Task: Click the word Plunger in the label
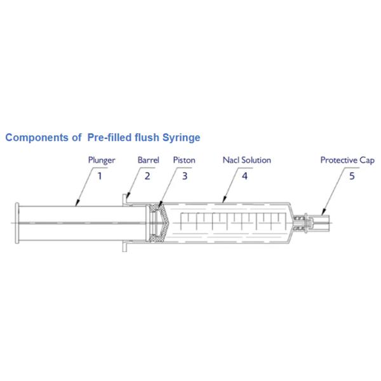click(102, 160)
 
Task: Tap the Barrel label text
click(148, 160)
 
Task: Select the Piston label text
click(184, 160)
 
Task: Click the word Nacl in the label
click(231, 160)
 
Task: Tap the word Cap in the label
click(367, 160)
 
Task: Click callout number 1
click(100, 175)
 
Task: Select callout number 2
click(147, 175)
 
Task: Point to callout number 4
click(244, 175)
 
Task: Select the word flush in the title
click(145, 137)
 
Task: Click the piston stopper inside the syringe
click(159, 224)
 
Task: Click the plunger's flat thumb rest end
click(17, 224)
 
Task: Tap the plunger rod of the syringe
click(76, 224)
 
